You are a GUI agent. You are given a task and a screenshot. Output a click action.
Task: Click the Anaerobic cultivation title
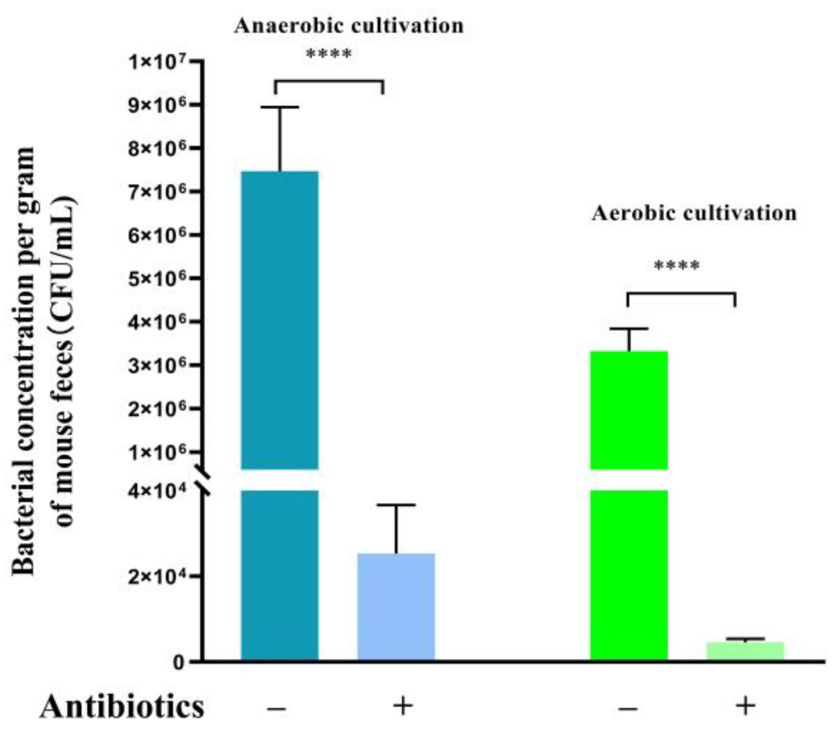pyautogui.click(x=349, y=26)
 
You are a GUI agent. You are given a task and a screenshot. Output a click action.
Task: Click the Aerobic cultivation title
pyautogui.click(x=694, y=213)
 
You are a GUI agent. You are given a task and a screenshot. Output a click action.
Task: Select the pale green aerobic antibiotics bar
pyautogui.click(x=745, y=651)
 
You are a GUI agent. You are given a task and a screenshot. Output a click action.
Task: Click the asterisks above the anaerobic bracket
pyautogui.click(x=329, y=54)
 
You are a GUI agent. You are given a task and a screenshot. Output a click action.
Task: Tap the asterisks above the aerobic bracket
pyautogui.click(x=677, y=265)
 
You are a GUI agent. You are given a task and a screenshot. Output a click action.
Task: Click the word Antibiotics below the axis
pyautogui.click(x=122, y=707)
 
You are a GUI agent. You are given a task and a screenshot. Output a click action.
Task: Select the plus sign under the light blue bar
pyautogui.click(x=403, y=706)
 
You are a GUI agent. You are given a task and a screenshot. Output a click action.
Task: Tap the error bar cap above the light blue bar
pyautogui.click(x=396, y=505)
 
